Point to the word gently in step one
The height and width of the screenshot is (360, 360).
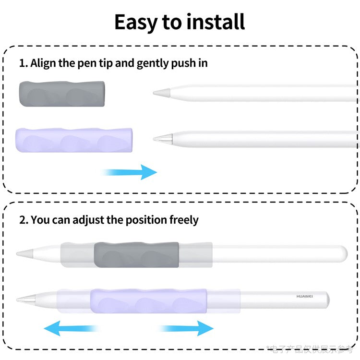pyautogui.click(x=153, y=63)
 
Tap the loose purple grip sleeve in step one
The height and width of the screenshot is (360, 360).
pyautogui.click(x=74, y=140)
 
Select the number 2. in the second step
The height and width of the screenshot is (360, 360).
pyautogui.click(x=24, y=220)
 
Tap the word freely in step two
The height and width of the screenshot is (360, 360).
pyautogui.click(x=183, y=220)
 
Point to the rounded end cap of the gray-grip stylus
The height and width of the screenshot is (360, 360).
pyautogui.click(x=342, y=253)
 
